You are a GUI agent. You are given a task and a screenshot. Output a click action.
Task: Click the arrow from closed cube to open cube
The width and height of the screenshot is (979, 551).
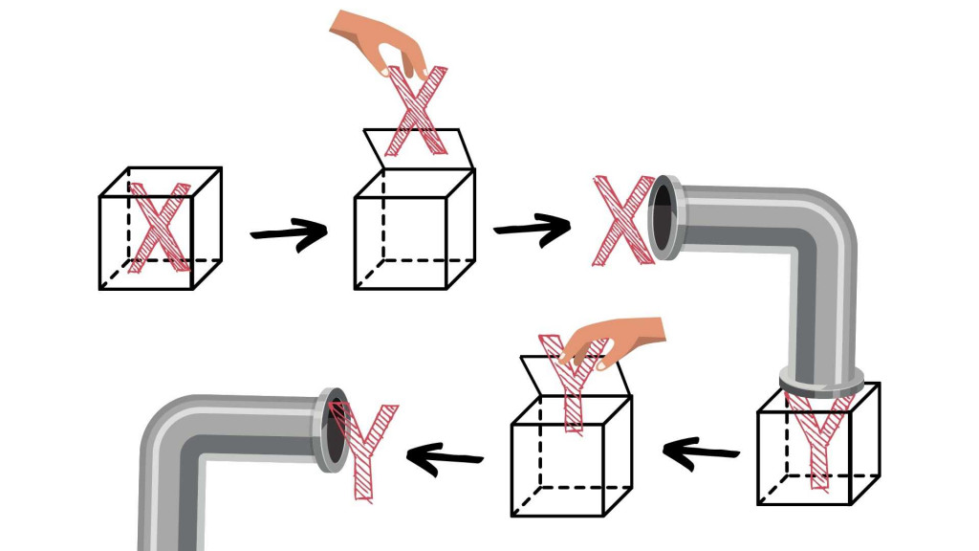click(x=288, y=233)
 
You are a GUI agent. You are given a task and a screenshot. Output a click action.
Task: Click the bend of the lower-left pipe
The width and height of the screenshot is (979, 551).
click(x=177, y=440)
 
